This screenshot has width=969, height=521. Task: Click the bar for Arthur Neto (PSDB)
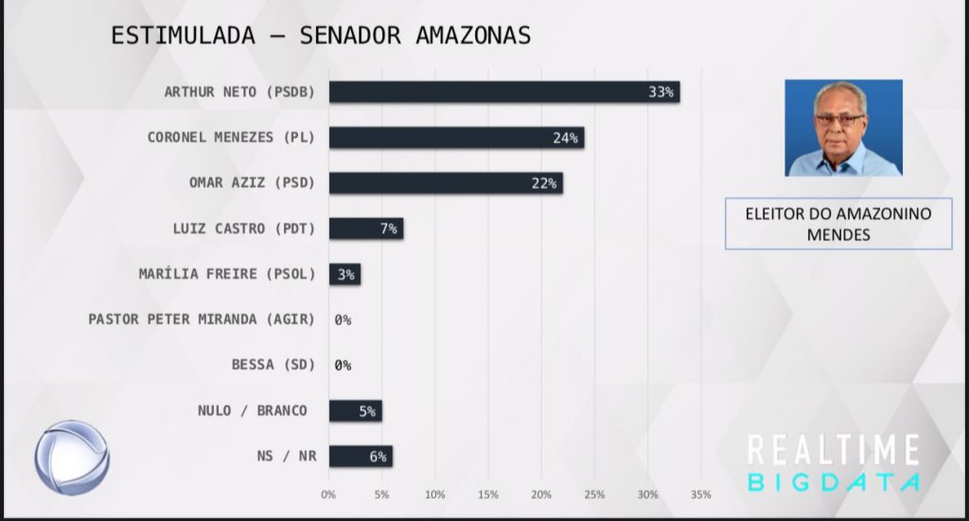(x=504, y=92)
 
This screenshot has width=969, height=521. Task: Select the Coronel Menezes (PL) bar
(x=457, y=137)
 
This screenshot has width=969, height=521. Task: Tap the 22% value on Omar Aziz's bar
(x=544, y=183)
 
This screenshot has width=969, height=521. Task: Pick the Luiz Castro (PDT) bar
(x=366, y=228)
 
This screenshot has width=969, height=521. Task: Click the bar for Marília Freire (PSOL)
(x=344, y=274)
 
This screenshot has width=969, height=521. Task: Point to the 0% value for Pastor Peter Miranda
(x=343, y=320)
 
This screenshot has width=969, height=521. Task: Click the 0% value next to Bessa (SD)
(x=343, y=366)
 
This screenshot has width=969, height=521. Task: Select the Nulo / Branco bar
(x=356, y=411)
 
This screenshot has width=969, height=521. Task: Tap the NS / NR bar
(x=361, y=457)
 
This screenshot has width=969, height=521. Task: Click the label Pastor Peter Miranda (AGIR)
(x=202, y=319)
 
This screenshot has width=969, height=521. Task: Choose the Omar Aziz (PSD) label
(x=252, y=183)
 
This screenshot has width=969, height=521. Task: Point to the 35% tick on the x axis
(x=701, y=494)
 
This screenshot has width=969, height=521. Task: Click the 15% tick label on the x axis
(x=488, y=494)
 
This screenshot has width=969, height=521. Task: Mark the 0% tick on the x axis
(x=328, y=494)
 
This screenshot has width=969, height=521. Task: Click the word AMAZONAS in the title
(x=473, y=35)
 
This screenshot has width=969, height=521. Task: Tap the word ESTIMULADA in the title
(x=183, y=35)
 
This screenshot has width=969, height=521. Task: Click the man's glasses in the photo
(x=839, y=119)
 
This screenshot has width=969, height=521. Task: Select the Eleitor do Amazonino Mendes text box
(x=838, y=224)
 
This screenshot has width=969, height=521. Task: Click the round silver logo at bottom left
(x=72, y=458)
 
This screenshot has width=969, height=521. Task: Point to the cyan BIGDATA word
(x=834, y=482)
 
